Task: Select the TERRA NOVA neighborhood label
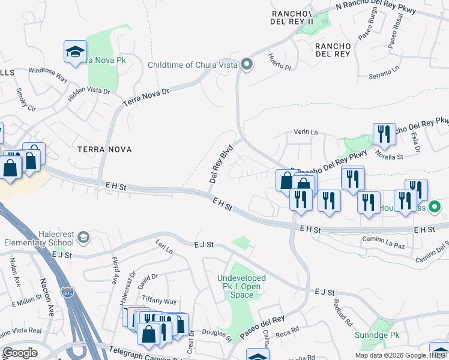(x=104, y=148)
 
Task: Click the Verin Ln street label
(x=305, y=132)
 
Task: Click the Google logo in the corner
(x=20, y=353)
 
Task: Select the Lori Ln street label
(x=163, y=246)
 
